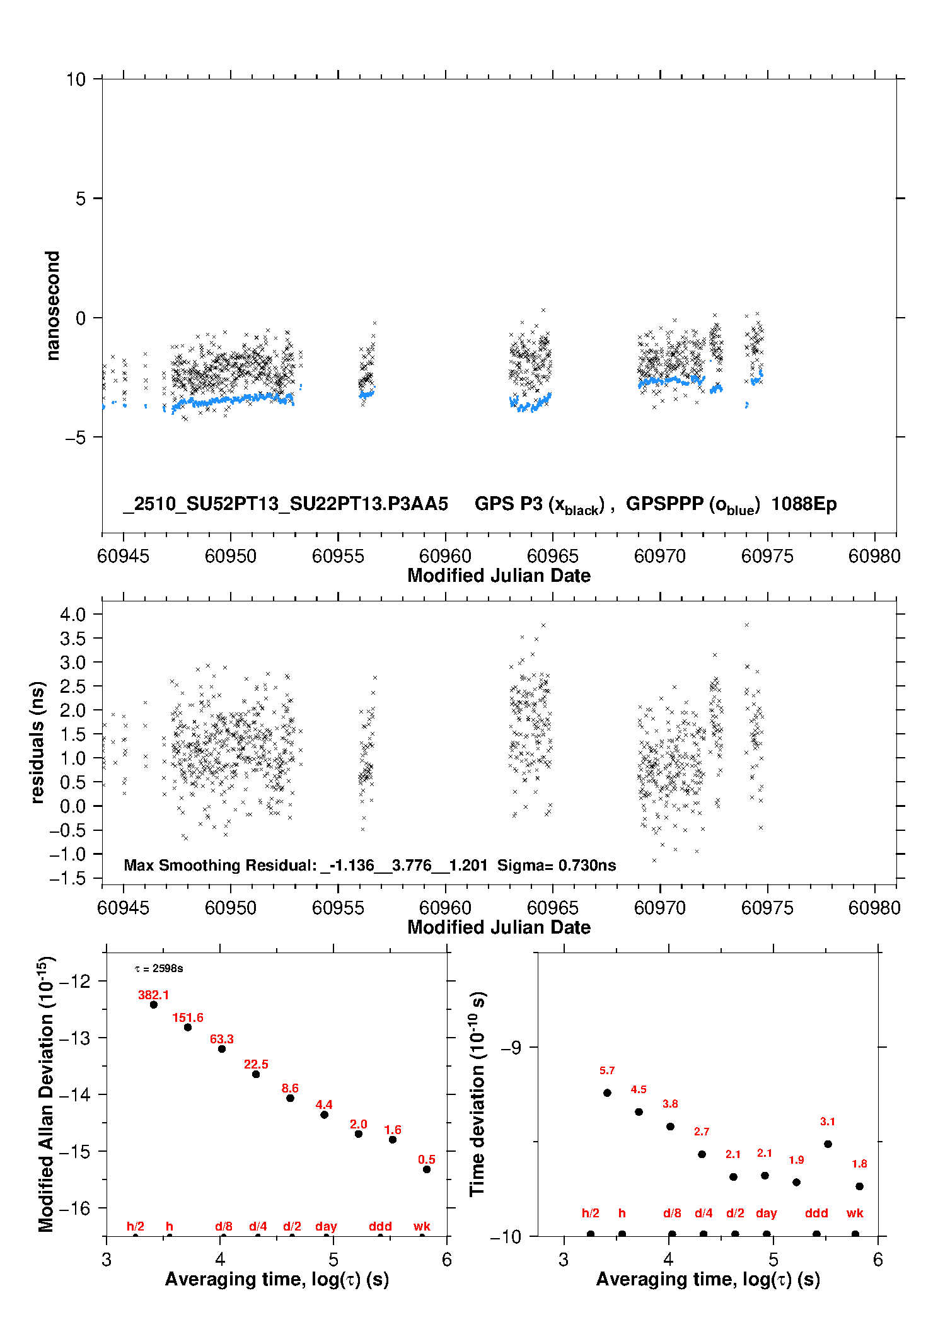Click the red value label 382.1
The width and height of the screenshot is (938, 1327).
pyautogui.click(x=153, y=995)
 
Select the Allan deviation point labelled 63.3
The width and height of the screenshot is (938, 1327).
pyautogui.click(x=222, y=1048)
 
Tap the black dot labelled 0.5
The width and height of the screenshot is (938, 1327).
pyautogui.click(x=427, y=1169)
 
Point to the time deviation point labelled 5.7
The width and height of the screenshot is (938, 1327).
pyautogui.click(x=607, y=1092)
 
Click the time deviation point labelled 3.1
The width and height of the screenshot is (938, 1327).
pyautogui.click(x=828, y=1144)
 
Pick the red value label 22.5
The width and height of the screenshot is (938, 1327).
pyautogui.click(x=256, y=1064)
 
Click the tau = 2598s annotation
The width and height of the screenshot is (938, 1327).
pyautogui.click(x=159, y=968)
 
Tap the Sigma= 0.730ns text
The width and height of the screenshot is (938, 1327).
pyautogui.click(x=557, y=865)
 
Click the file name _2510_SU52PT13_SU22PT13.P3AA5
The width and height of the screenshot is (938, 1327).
pyautogui.click(x=286, y=504)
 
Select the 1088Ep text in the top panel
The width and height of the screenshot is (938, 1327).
pyautogui.click(x=804, y=504)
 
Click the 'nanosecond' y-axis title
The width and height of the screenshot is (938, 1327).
pyautogui.click(x=52, y=306)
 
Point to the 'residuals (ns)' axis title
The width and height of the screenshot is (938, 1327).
pyautogui.click(x=37, y=742)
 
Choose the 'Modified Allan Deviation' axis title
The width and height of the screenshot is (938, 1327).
pyautogui.click(x=46, y=1094)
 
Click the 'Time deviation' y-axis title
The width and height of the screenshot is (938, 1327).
pyautogui.click(x=477, y=1094)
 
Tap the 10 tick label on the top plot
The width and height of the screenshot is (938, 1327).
pyautogui.click(x=76, y=79)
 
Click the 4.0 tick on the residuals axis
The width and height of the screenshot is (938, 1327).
pyautogui.click(x=72, y=614)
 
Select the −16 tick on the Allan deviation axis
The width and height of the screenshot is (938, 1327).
pyautogui.click(x=74, y=1208)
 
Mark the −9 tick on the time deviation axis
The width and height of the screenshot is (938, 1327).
pyautogui.click(x=511, y=1047)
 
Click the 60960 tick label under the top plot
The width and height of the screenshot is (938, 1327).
pyautogui.click(x=445, y=556)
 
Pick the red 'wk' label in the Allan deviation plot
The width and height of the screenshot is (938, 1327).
pyautogui.click(x=422, y=1226)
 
